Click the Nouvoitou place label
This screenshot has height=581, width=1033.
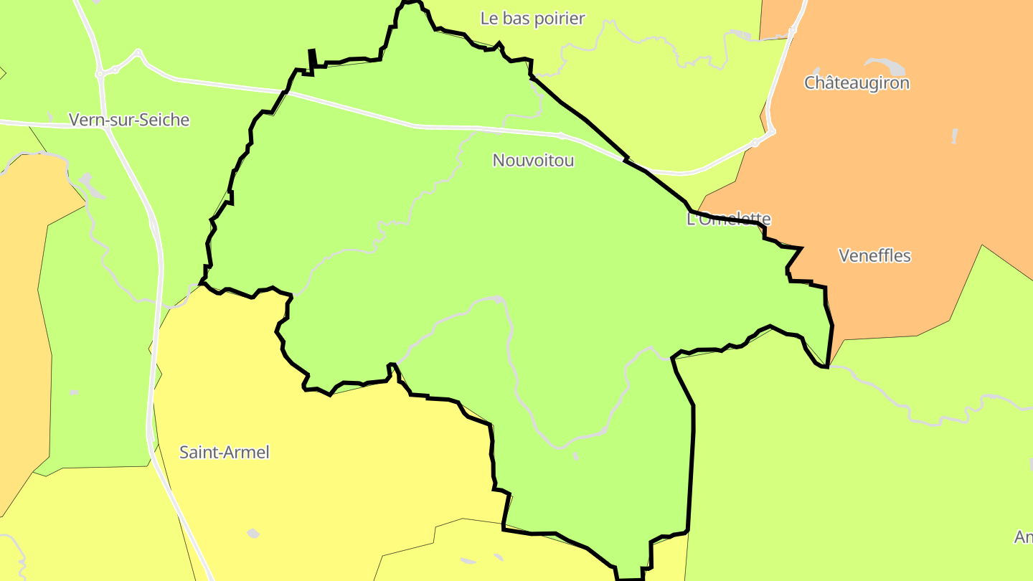click(533, 160)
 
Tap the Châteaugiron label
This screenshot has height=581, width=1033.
click(857, 82)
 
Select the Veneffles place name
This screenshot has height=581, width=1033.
click(874, 255)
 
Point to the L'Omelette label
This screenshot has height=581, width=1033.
click(729, 219)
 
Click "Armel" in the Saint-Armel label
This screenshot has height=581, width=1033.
click(247, 453)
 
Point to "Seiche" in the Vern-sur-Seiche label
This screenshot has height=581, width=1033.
click(164, 120)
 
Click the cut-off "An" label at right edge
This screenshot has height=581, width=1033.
click(1024, 537)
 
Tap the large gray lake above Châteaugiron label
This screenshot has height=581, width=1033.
click(887, 66)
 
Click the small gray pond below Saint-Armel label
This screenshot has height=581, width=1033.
click(253, 533)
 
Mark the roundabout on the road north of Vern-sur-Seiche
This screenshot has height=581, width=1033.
click(100, 73)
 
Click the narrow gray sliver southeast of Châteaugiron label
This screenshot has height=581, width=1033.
click(954, 136)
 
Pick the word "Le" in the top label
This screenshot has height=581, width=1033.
click(489, 19)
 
